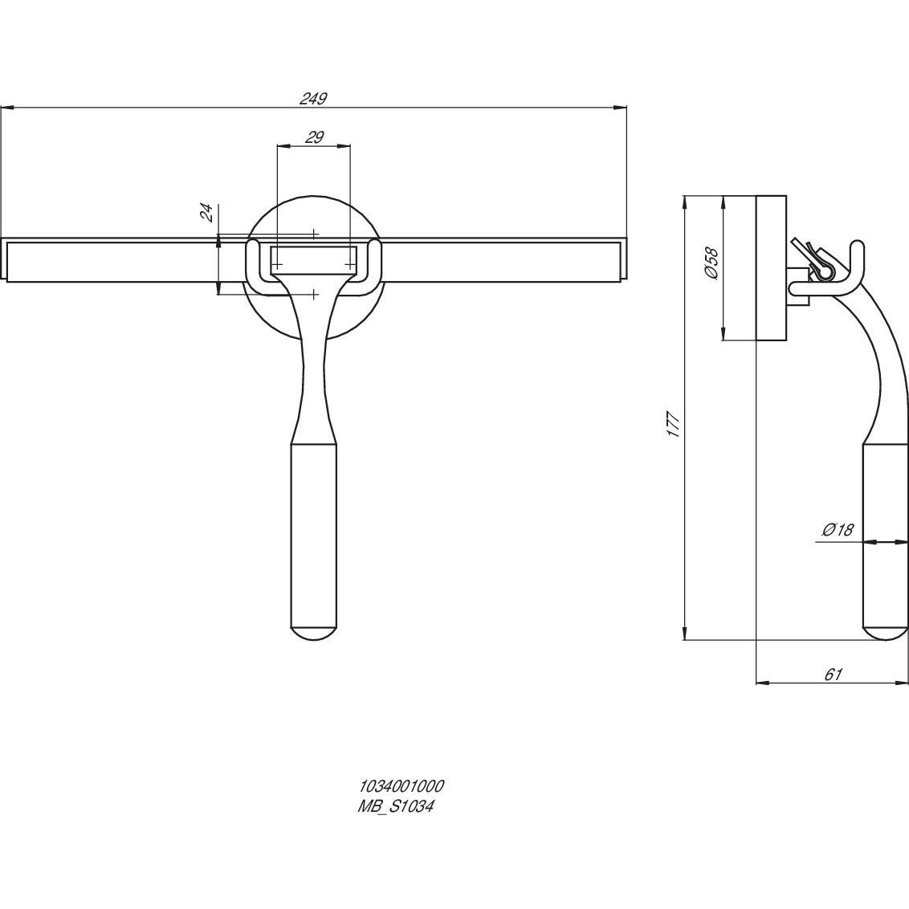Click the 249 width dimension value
point(314,99)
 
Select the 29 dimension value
point(314,137)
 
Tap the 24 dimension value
point(207,213)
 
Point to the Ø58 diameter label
point(711,263)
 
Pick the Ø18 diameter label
point(838,529)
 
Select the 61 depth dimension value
point(833,674)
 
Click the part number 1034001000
point(402,786)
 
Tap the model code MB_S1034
point(396,806)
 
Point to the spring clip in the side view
point(813,259)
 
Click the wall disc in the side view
point(772,268)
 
